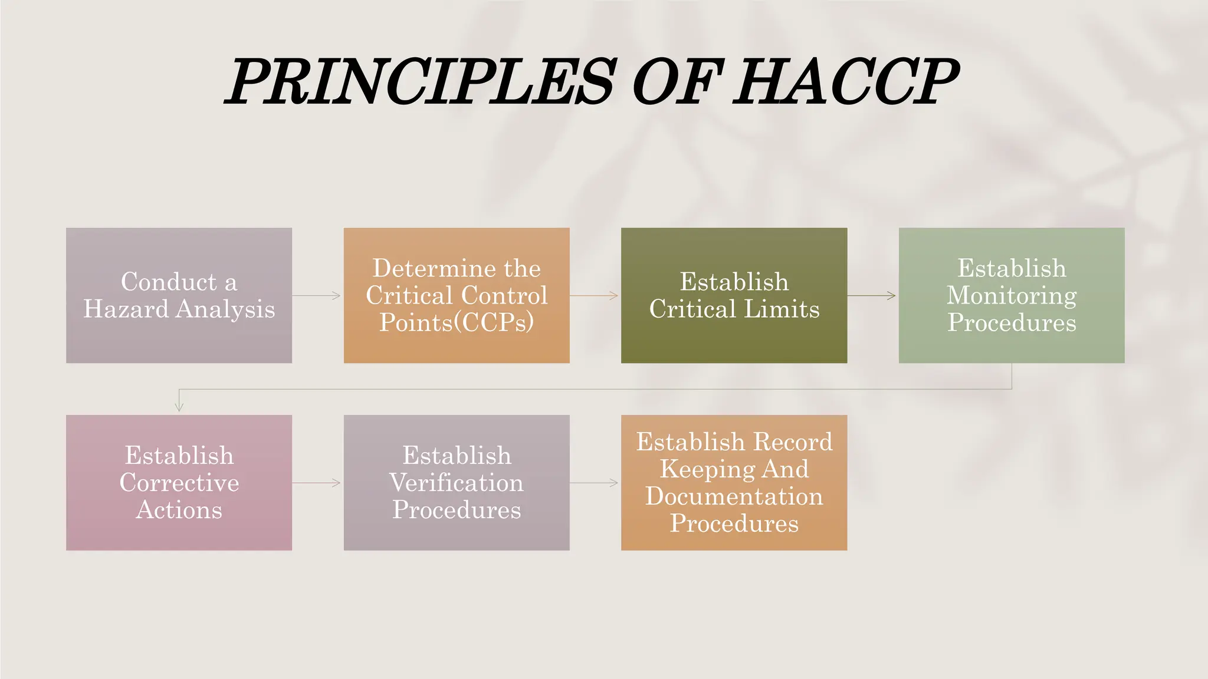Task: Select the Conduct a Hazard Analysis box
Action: (x=179, y=295)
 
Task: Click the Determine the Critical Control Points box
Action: (x=457, y=295)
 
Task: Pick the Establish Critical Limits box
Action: (x=734, y=295)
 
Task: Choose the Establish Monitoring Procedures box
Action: (x=1012, y=295)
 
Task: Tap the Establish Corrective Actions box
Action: (x=179, y=483)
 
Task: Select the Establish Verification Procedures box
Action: (x=457, y=483)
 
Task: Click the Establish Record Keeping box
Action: (x=734, y=483)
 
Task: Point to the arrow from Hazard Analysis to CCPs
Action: (x=317, y=295)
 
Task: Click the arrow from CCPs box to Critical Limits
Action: (x=595, y=295)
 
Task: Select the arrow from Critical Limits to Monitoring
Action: (x=872, y=295)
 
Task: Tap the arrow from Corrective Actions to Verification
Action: (x=317, y=483)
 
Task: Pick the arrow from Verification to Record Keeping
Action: (x=595, y=483)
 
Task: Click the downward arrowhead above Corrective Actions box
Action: (x=179, y=406)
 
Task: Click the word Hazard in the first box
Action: (x=126, y=309)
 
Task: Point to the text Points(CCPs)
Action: (x=457, y=322)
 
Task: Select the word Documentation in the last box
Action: (x=734, y=496)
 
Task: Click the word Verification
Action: (x=457, y=483)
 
